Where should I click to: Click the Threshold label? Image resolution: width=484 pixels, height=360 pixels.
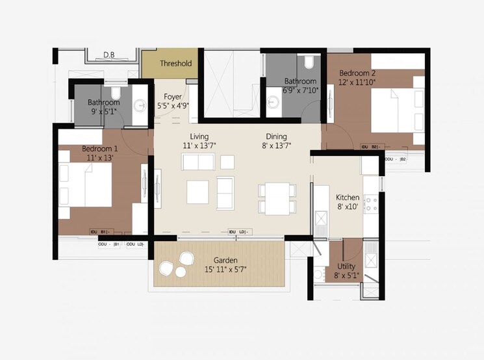point(175,64)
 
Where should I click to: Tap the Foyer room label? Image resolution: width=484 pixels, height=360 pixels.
point(172,97)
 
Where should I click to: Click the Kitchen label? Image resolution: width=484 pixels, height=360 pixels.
point(348,198)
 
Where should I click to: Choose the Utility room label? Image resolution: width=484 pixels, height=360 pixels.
point(346,267)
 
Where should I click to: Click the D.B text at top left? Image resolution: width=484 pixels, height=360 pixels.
point(109,55)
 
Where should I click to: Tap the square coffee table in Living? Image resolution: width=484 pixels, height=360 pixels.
point(198,192)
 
